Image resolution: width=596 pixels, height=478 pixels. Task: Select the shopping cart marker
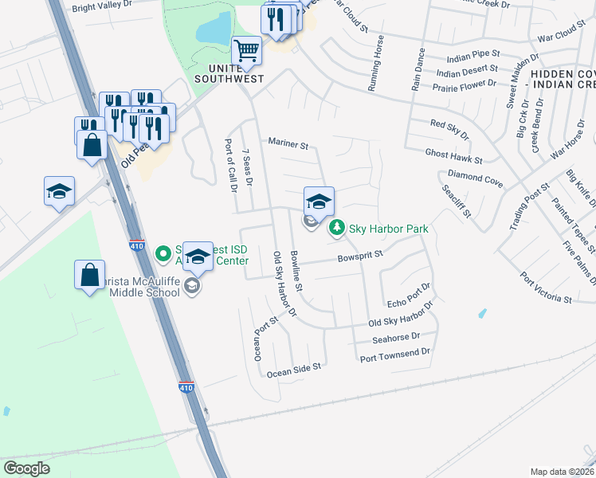click(x=246, y=51)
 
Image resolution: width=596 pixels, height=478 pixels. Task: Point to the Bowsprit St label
click(x=360, y=255)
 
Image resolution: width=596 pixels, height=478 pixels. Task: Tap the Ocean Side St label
click(x=293, y=368)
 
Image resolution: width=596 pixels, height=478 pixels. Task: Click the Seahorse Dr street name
click(x=396, y=339)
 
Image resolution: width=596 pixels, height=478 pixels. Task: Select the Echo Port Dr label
click(x=408, y=296)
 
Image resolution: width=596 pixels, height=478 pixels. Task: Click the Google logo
click(x=26, y=468)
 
